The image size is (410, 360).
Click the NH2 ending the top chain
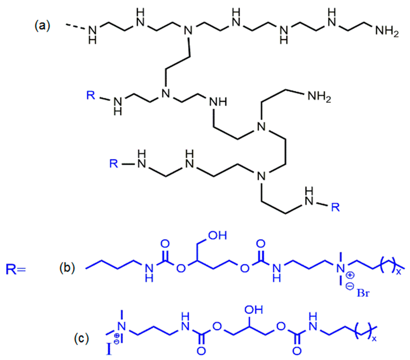click(x=386, y=31)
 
